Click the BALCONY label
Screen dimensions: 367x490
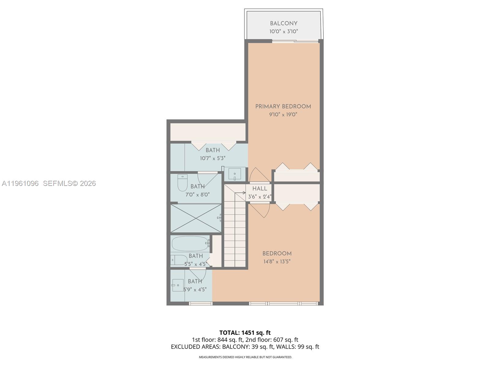click(x=284, y=24)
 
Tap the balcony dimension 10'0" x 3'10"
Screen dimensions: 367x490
click(x=284, y=31)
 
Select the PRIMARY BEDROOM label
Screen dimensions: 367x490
click(x=283, y=106)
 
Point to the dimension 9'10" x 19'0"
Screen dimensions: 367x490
click(x=283, y=115)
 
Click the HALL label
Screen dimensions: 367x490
click(x=260, y=189)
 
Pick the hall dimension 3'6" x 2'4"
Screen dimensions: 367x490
click(x=259, y=197)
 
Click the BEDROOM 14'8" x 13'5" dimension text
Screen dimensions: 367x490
click(x=277, y=261)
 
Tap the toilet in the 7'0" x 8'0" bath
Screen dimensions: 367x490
click(x=183, y=183)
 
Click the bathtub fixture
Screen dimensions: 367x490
click(x=190, y=244)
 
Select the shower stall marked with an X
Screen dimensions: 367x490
click(x=196, y=218)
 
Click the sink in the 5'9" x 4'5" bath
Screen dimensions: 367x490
click(x=178, y=285)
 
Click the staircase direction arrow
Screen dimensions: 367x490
click(x=244, y=193)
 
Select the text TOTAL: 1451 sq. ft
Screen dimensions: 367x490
click(x=245, y=333)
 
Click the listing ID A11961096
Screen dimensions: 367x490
click(x=20, y=183)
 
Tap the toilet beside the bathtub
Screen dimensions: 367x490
click(x=178, y=260)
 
